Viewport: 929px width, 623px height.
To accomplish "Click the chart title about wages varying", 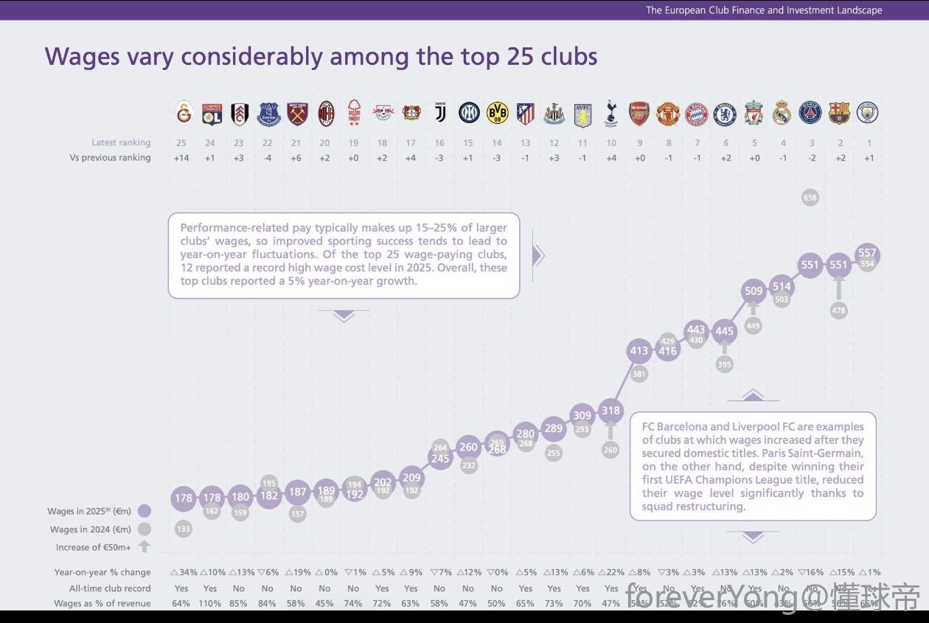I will [x=321, y=57].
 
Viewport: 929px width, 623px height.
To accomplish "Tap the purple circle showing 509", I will [x=754, y=291].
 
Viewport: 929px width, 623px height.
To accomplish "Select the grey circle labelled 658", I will [x=810, y=198].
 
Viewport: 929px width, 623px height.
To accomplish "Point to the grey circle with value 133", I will [x=183, y=528].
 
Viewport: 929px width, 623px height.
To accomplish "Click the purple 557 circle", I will [x=868, y=252].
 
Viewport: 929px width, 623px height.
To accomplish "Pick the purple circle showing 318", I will [x=610, y=411].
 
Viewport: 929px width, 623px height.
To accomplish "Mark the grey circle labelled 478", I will [x=838, y=311].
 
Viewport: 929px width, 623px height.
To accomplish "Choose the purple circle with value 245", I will [x=440, y=459].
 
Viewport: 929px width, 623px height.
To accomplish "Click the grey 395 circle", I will [x=725, y=364].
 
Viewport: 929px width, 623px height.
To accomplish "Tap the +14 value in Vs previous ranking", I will [x=183, y=157].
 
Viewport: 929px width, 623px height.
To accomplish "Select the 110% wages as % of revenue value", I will [x=210, y=603].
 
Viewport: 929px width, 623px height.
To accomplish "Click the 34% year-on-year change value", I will [x=184, y=572].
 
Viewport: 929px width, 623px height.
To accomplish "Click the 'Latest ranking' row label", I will [x=121, y=142].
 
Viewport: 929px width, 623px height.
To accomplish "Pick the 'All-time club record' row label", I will [x=110, y=588].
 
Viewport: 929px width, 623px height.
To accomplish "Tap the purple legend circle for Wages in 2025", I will [x=145, y=511].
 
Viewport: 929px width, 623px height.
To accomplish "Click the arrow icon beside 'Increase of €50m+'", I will [x=145, y=546].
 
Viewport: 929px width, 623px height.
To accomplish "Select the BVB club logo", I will [x=498, y=113].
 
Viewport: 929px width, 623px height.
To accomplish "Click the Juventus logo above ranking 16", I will [x=440, y=113].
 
